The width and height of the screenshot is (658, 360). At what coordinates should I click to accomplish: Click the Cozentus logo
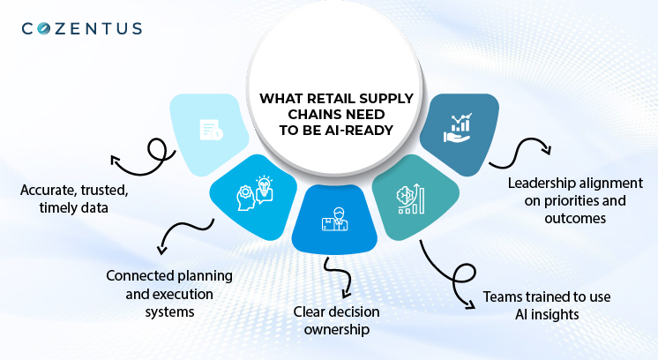[81, 28]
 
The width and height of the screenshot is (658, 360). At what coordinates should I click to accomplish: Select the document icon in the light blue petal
[211, 130]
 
